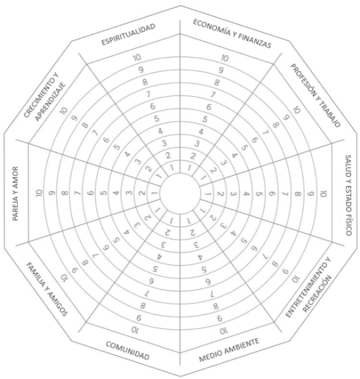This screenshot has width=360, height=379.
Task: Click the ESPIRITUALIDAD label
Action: [x=128, y=34]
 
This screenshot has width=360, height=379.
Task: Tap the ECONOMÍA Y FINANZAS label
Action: [x=232, y=34]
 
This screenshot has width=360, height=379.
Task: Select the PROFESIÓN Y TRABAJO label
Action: [x=315, y=95]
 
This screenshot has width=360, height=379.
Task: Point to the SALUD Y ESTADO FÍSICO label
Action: [x=348, y=195]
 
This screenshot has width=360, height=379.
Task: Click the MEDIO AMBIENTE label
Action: [x=229, y=349]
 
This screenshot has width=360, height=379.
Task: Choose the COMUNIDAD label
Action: [x=128, y=351]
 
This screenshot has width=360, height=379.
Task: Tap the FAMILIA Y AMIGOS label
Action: [x=47, y=289]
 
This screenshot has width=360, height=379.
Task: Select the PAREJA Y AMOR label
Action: [x=15, y=194]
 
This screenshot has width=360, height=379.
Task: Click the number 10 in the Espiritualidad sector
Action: [x=137, y=58]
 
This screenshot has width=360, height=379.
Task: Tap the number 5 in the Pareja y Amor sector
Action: [x=104, y=193]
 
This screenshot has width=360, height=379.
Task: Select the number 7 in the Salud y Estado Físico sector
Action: [x=285, y=194]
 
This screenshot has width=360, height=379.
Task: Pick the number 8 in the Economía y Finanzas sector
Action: [x=217, y=82]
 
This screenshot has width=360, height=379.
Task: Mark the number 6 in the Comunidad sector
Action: [x=151, y=281]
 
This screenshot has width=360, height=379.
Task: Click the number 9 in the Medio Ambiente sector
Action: [x=220, y=319]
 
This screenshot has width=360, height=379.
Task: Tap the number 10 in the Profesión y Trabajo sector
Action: [x=297, y=110]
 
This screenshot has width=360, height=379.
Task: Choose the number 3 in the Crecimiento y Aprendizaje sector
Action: [x=138, y=161]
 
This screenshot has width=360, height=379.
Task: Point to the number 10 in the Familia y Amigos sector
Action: [x=64, y=278]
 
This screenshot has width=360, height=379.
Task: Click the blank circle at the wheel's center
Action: [x=180, y=194]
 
